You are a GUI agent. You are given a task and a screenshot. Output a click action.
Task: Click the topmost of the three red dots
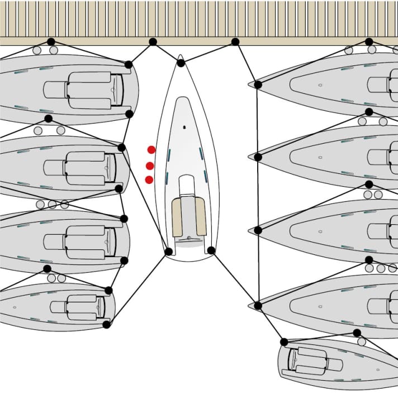tap(151, 150)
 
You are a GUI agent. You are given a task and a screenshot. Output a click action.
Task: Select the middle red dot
tap(150, 166)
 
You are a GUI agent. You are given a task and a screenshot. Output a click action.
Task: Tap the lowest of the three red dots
tap(149, 179)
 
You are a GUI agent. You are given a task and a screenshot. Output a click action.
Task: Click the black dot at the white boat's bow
tap(181, 63)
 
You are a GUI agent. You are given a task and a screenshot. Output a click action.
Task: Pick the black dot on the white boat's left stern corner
tap(168, 252)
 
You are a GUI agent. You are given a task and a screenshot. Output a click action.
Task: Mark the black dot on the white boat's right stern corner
tap(211, 250)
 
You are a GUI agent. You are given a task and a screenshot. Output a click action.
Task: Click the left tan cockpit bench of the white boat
tap(177, 217)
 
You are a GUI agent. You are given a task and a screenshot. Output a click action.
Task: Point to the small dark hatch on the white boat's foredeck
tap(184, 127)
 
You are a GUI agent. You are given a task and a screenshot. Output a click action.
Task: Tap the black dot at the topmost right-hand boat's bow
tap(258, 84)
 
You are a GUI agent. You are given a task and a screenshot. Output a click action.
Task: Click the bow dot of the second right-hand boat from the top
tap(258, 157)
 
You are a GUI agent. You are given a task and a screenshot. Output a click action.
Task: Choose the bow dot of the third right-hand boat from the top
tap(258, 230)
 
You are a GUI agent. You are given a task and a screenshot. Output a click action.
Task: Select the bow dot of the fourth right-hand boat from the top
tap(258, 305)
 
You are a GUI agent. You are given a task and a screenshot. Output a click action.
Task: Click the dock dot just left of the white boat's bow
tap(153, 42)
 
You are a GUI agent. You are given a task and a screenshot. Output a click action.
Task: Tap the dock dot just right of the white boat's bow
tap(235, 42)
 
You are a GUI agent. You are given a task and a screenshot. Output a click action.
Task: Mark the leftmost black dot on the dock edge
tap(51, 42)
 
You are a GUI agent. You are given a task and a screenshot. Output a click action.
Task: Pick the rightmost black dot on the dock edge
tap(369, 42)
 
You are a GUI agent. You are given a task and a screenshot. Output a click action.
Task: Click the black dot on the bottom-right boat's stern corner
tap(284, 342)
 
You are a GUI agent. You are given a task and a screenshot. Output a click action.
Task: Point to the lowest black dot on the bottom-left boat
tap(106, 324)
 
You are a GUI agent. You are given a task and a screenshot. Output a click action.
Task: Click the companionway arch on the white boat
tap(187, 184)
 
